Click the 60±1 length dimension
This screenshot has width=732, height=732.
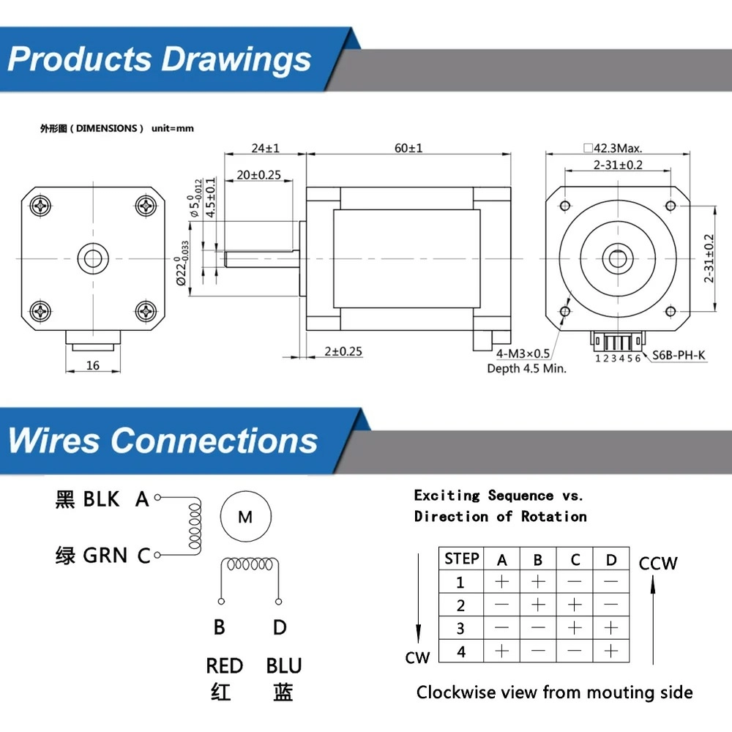pyautogui.click(x=408, y=148)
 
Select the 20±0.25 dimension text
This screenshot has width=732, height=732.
pyautogui.click(x=259, y=175)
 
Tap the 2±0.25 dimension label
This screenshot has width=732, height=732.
pyautogui.click(x=343, y=351)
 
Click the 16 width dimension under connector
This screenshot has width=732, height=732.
pyautogui.click(x=92, y=365)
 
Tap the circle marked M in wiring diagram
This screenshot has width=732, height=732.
pyautogui.click(x=245, y=518)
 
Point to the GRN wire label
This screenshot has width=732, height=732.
pyautogui.click(x=105, y=556)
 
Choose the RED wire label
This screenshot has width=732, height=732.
pyautogui.click(x=224, y=666)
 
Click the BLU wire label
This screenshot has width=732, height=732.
pyautogui.click(x=284, y=666)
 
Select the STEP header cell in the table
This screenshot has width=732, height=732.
pyautogui.click(x=461, y=559)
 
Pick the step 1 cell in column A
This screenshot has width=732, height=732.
pyautogui.click(x=501, y=583)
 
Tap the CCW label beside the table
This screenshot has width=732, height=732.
pyautogui.click(x=658, y=564)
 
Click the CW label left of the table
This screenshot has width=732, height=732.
pyautogui.click(x=417, y=657)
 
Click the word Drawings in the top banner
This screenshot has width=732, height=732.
pyautogui.click(x=236, y=59)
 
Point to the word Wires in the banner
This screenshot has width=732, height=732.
pyautogui.click(x=53, y=441)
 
